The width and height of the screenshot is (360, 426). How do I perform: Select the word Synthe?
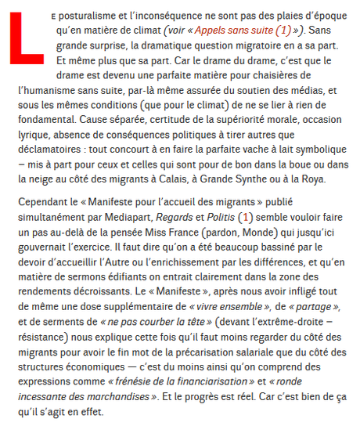(280, 180)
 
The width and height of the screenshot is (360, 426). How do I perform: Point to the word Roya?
(333, 180)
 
